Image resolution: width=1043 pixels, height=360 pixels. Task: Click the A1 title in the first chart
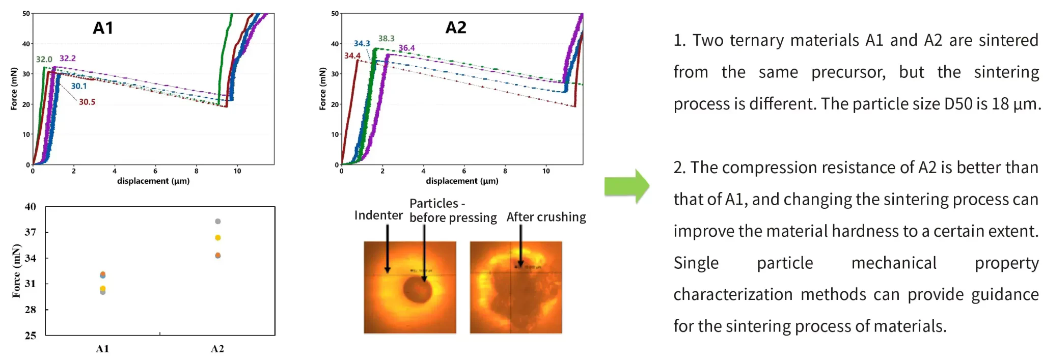click(x=103, y=28)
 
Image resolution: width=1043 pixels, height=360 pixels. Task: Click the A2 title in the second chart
click(x=456, y=27)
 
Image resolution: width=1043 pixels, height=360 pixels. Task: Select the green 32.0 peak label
click(x=44, y=60)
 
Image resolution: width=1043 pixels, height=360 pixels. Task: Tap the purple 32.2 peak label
click(x=67, y=59)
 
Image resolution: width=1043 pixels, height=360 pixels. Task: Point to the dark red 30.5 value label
click(x=87, y=102)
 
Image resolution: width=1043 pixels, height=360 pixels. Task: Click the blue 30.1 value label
click(x=79, y=86)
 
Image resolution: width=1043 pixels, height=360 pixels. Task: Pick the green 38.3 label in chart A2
click(x=386, y=39)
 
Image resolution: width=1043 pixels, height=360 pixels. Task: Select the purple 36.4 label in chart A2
click(x=406, y=48)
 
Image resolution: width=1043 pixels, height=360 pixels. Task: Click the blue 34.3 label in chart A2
click(x=362, y=44)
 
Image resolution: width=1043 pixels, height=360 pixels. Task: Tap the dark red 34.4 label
click(x=352, y=56)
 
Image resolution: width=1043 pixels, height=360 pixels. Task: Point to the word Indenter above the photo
click(x=378, y=215)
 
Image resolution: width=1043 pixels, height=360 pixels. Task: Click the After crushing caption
click(x=546, y=217)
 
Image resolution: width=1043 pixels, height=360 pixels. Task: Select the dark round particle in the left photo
click(x=417, y=290)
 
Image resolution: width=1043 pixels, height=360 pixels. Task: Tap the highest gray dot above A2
click(x=218, y=221)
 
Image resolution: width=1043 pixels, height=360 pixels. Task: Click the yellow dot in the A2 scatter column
click(x=218, y=238)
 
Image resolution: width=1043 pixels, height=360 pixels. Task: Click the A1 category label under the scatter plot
click(x=102, y=349)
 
